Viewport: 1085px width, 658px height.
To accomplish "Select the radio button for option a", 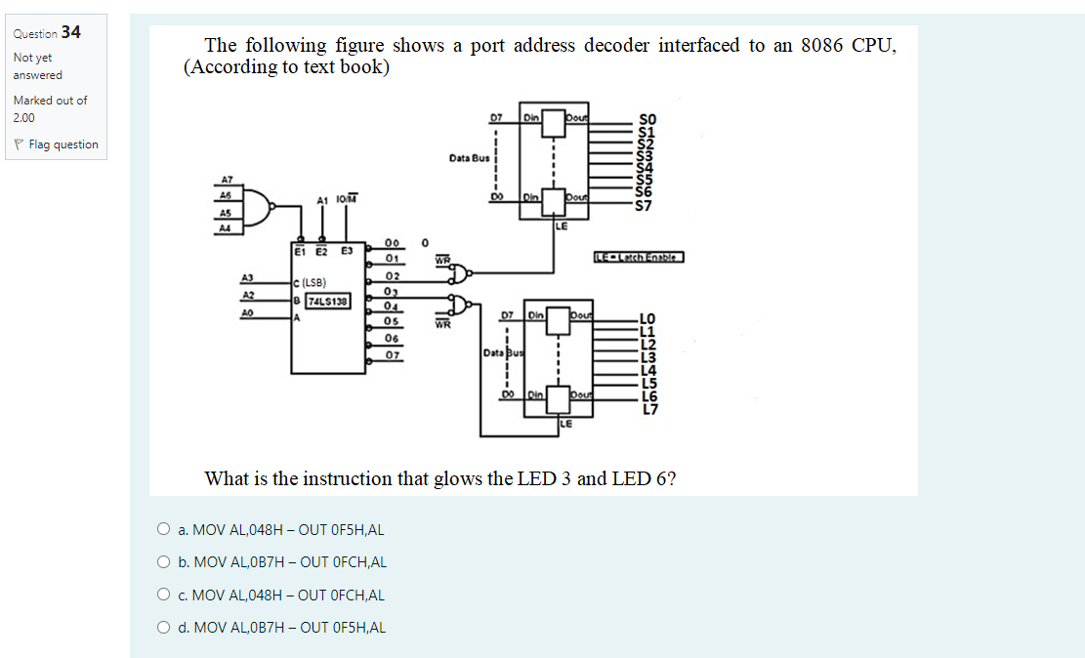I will (x=163, y=530).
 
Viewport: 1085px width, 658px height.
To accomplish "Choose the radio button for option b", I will (x=163, y=562).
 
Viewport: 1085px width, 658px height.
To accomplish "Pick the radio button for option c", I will (x=163, y=595).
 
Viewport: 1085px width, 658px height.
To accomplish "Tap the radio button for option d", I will (x=163, y=627).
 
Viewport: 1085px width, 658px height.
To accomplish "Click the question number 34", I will (x=70, y=32).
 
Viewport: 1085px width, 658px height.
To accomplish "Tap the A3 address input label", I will (x=248, y=279).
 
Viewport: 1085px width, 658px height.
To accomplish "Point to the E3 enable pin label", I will (x=347, y=251).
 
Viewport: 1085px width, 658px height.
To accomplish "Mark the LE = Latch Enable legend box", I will (x=639, y=257).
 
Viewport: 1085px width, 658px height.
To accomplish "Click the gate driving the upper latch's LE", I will (x=471, y=271).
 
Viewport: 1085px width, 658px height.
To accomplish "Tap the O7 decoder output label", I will (x=393, y=354).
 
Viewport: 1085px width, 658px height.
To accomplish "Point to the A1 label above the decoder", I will (x=321, y=200).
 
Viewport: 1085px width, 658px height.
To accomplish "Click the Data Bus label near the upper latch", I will (x=469, y=157).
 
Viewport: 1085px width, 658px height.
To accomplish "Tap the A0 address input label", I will (x=248, y=312).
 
